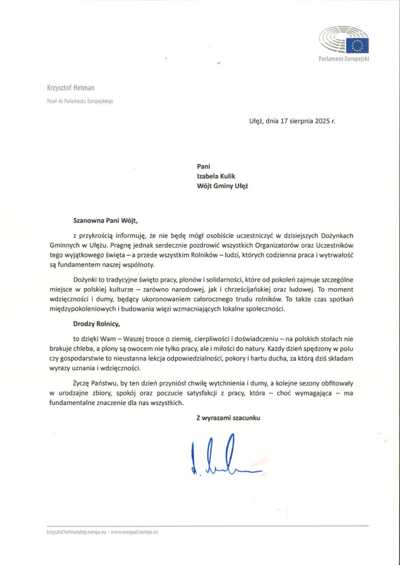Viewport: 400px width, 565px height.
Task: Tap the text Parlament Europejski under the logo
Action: point(343,59)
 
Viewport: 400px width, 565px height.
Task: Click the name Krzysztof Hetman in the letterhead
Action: point(71,88)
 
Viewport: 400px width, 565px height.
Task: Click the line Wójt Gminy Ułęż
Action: point(222,185)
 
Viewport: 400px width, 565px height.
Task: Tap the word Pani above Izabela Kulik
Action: point(204,166)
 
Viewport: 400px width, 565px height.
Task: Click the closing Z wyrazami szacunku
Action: point(228,418)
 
